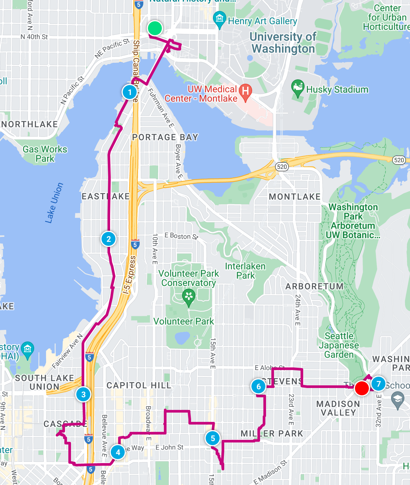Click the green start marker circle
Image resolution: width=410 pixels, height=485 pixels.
tap(155, 28)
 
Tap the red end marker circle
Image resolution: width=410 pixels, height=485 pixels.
tap(362, 388)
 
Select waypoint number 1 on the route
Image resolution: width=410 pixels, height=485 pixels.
tap(130, 92)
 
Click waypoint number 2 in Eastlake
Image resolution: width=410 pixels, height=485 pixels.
tap(108, 239)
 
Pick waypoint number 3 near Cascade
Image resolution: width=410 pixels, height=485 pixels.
tap(83, 394)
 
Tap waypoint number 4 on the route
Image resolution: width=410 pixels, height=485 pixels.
tap(118, 452)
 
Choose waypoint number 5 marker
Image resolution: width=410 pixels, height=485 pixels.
tap(213, 438)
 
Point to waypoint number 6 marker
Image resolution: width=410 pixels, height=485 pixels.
tap(258, 386)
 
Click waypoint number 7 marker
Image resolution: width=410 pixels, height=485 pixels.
tap(378, 384)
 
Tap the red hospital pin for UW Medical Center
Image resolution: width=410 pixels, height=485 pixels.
tap(245, 92)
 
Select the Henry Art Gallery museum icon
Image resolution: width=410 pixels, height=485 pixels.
tap(219, 19)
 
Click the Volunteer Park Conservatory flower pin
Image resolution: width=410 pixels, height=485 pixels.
tap(188, 296)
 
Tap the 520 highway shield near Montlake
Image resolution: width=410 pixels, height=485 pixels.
tap(282, 166)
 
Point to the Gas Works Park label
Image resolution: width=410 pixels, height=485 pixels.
tap(45, 154)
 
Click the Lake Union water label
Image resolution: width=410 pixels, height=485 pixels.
tap(54, 203)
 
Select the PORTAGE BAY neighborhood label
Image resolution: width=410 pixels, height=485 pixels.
tap(165, 137)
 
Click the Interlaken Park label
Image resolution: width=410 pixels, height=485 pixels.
tap(245, 271)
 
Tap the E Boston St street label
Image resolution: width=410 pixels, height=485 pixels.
tap(181, 236)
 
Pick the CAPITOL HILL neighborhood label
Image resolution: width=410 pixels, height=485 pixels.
tap(139, 385)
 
